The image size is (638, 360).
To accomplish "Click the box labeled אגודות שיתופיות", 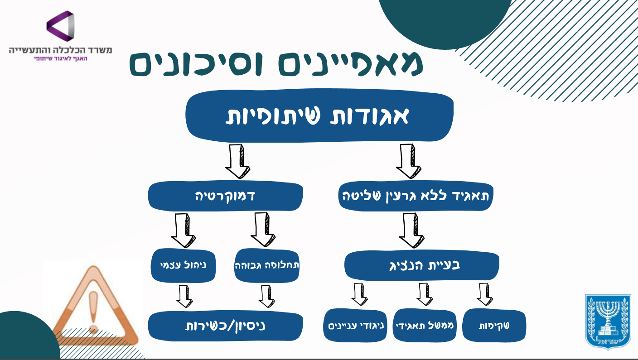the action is point(319,115).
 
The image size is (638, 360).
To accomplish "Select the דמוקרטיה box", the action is point(225,196).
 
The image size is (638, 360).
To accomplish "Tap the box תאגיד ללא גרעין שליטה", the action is point(416,196).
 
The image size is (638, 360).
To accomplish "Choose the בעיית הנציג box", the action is point(421,265).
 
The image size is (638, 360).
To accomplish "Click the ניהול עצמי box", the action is point(183,265).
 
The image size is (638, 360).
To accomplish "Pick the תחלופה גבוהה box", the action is point(266,265).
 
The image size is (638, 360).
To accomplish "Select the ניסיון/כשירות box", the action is point(225,326).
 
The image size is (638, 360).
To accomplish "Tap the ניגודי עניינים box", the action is point(355,325).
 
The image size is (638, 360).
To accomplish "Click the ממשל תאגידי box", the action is point(425,325).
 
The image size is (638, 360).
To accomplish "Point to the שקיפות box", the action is point(494,325).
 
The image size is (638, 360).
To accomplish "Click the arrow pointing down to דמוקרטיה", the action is point(237,161).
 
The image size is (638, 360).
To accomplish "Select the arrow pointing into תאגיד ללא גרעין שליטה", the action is point(408,161).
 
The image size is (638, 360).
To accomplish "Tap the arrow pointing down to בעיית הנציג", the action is point(411,230).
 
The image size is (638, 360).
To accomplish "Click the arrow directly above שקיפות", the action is point(484,294).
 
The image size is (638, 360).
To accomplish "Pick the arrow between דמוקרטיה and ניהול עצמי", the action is point(183,230).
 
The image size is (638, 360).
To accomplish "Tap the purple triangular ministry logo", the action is point(60,26).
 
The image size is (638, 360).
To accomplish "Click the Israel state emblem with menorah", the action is point(608,322).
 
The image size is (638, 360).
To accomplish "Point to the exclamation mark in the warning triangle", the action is point(93,311).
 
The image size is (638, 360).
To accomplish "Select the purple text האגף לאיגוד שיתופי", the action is point(60,58).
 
